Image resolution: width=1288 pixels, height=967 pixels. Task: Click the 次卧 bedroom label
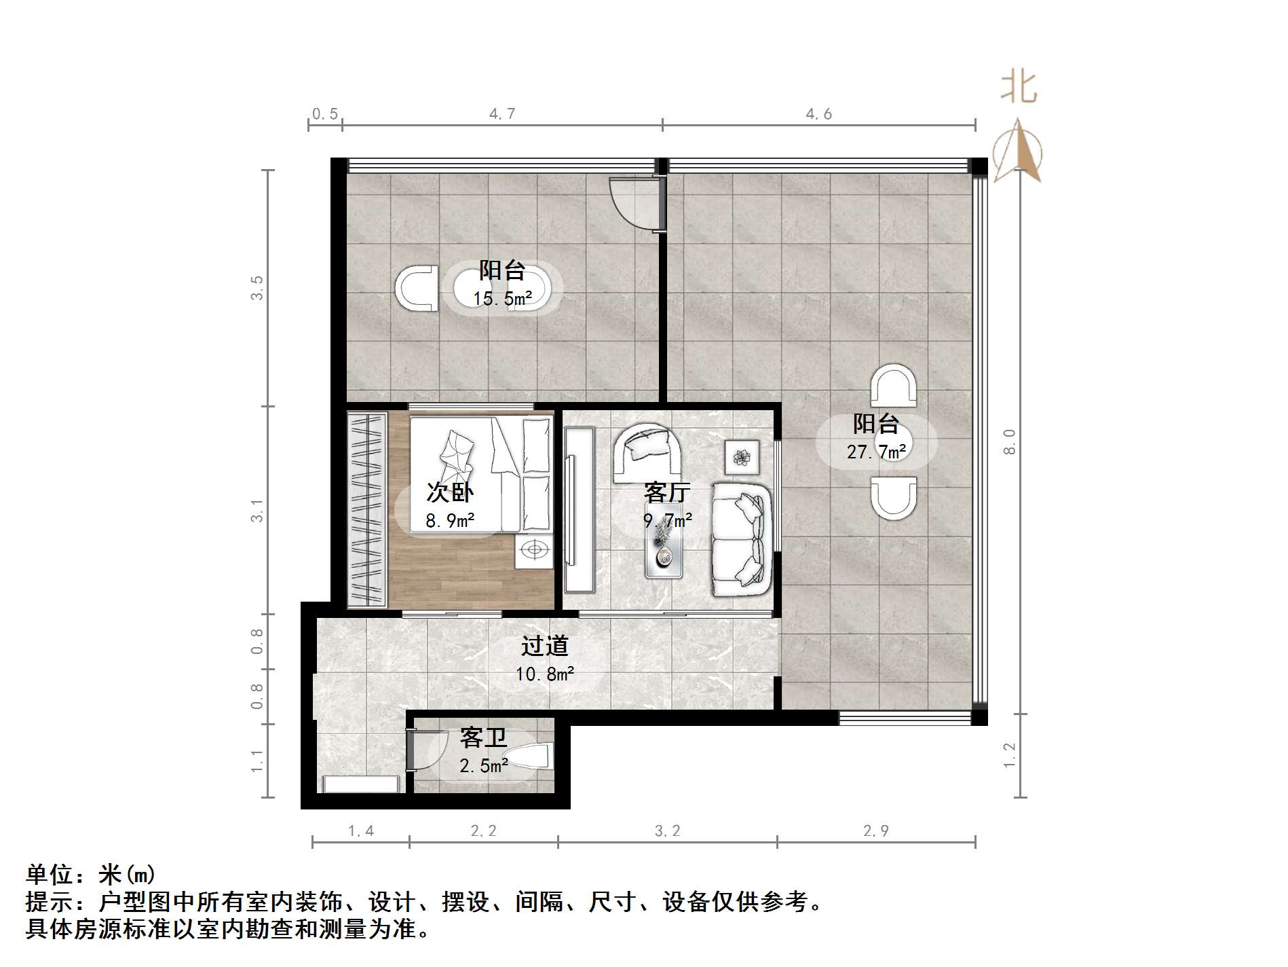[450, 492]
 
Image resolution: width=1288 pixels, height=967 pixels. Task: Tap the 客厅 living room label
[667, 491]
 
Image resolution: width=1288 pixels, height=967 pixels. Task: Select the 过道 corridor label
[544, 646]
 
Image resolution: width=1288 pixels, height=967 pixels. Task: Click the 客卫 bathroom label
[483, 737]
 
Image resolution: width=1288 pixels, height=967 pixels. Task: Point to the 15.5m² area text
[502, 298]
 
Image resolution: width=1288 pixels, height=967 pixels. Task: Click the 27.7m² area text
[876, 452]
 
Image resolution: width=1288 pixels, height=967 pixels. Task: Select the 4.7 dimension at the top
[502, 113]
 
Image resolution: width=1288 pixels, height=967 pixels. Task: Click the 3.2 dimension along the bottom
[667, 831]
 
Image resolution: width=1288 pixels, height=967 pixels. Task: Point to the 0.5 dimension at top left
[324, 113]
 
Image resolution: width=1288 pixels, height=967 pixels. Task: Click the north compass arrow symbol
[1017, 151]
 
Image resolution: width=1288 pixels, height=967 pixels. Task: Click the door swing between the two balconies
[634, 204]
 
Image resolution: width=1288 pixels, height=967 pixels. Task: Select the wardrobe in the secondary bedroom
[367, 509]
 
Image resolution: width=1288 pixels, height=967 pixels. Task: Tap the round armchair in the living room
[647, 452]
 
